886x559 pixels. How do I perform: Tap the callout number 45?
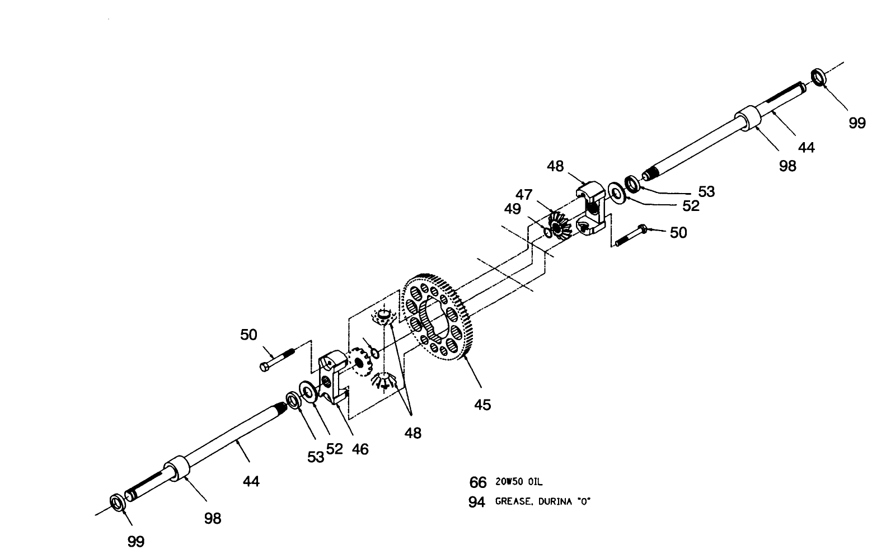pos(482,405)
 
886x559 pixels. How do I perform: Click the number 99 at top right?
pos(856,123)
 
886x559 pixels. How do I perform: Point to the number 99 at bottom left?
pos(136,541)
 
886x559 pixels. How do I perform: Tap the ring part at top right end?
pos(819,77)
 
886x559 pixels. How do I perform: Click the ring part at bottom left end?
pos(117,502)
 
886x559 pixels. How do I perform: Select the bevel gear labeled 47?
pos(559,224)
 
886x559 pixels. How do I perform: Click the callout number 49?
pos(512,208)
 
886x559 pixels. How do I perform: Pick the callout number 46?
pos(360,449)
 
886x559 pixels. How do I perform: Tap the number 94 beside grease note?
pos(476,502)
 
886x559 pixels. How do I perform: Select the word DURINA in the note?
pos(555,502)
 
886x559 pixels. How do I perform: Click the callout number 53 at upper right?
pos(706,191)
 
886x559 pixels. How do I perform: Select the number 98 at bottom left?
pos(213,519)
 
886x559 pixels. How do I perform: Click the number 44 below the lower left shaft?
pos(251,481)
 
